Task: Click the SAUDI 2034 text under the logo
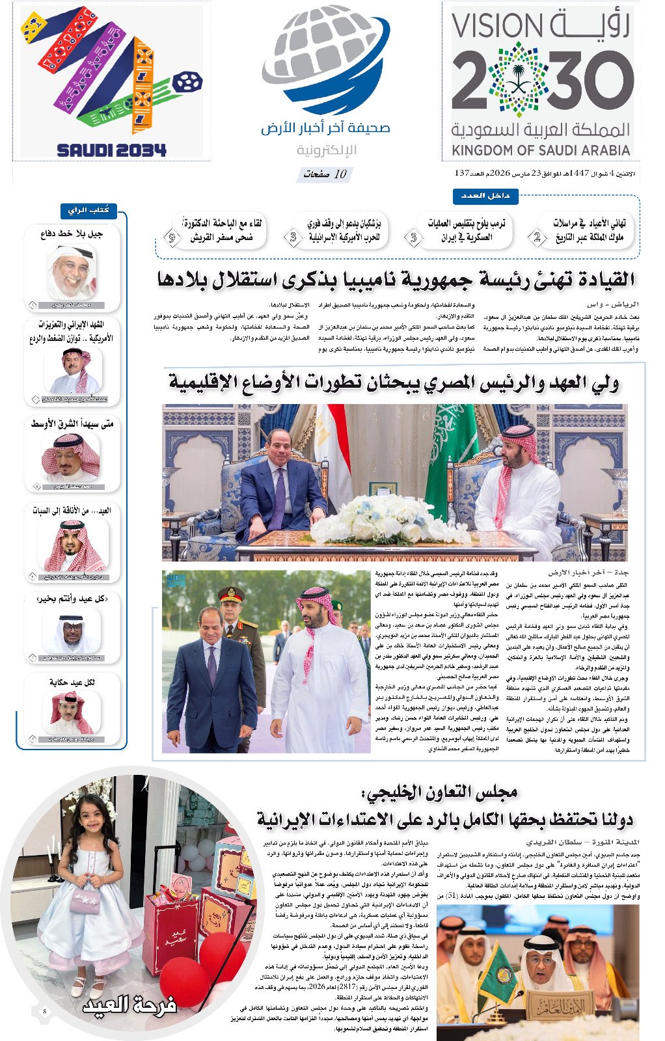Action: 111,150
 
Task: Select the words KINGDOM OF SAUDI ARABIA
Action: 541,150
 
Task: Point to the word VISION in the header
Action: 497,25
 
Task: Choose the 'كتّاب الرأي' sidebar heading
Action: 89,210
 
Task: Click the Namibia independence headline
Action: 396,280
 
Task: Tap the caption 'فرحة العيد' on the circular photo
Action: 129,1005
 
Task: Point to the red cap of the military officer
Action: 230,593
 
